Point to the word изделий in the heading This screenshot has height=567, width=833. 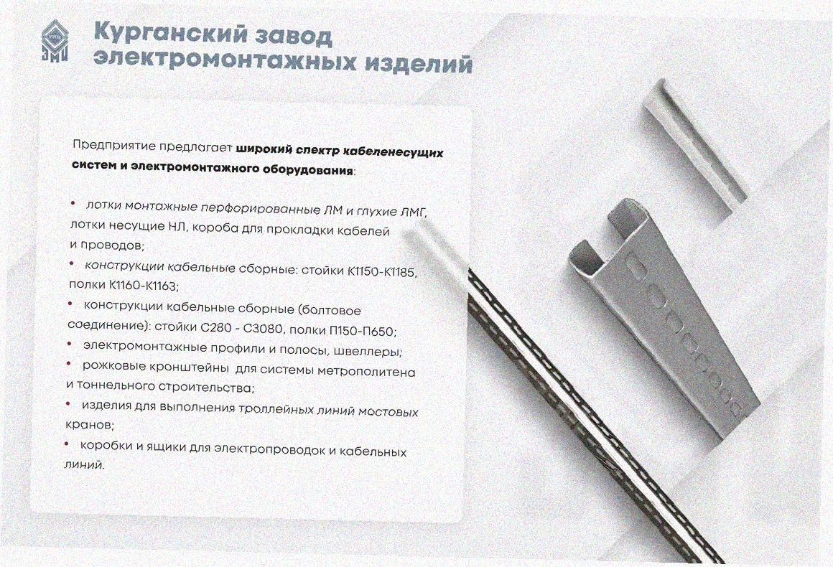419,62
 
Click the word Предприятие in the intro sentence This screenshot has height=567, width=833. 114,145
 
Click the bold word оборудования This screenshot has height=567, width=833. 308,170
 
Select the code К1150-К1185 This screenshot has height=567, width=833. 383,272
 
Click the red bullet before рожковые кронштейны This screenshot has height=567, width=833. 68,364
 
